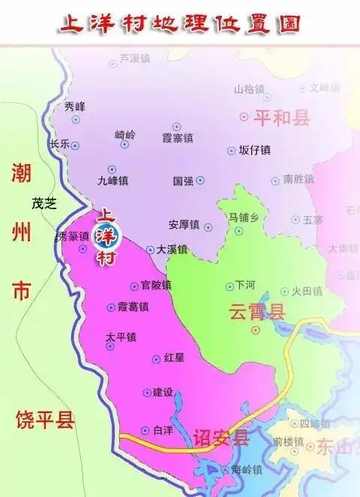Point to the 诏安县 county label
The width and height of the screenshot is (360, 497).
click(x=220, y=438)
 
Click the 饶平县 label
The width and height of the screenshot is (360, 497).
click(x=45, y=420)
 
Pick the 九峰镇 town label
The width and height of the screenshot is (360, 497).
click(x=113, y=181)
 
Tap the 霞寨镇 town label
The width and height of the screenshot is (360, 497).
click(x=178, y=139)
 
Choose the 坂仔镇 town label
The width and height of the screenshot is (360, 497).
click(x=254, y=150)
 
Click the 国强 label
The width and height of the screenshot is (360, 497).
click(x=184, y=181)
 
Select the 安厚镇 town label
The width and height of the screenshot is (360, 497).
click(x=184, y=224)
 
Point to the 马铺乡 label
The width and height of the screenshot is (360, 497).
click(x=244, y=218)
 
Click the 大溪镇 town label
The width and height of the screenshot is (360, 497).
click(x=172, y=249)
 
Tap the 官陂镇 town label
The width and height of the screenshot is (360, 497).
click(x=156, y=285)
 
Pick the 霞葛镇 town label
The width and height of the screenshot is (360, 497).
click(x=133, y=307)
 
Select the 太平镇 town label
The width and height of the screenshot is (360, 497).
click(x=121, y=337)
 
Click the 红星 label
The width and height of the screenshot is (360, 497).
click(x=174, y=358)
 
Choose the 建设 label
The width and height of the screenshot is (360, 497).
click(x=163, y=392)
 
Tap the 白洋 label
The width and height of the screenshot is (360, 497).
click(x=163, y=430)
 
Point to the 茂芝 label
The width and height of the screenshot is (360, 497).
click(x=43, y=203)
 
